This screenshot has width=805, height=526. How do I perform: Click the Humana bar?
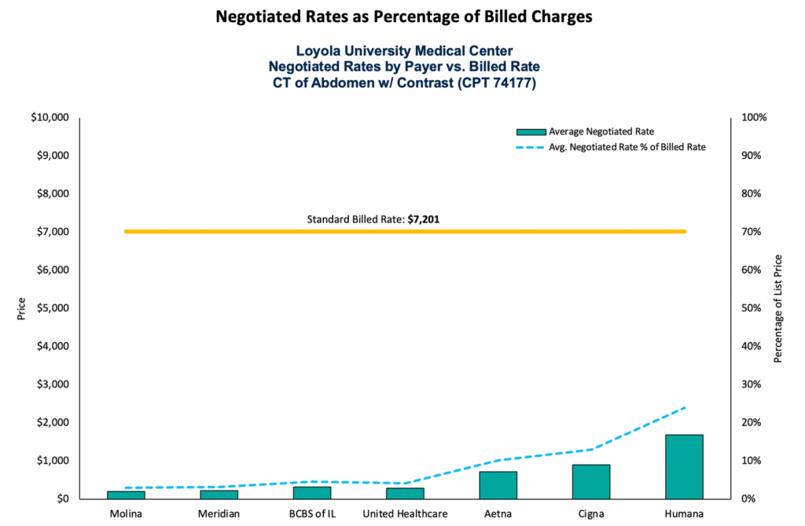coord(684,466)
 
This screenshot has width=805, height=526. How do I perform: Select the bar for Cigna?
coord(591,481)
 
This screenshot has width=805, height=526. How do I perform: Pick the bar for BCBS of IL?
coord(312,492)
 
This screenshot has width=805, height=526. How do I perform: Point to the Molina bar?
coord(126,495)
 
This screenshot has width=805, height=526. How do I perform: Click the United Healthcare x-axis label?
coord(405,514)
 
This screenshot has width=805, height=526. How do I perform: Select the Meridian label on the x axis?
coord(219,514)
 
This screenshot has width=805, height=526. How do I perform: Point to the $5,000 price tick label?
coord(50,308)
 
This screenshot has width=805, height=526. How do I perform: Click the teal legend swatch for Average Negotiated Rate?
coord(531,131)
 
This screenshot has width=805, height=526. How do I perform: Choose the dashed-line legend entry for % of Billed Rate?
coord(531,147)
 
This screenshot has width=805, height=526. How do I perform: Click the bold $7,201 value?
coord(424,219)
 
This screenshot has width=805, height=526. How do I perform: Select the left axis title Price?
coord(20,308)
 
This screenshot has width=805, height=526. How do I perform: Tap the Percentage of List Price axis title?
coord(778,308)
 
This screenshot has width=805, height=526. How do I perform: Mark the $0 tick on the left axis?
coord(58,498)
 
